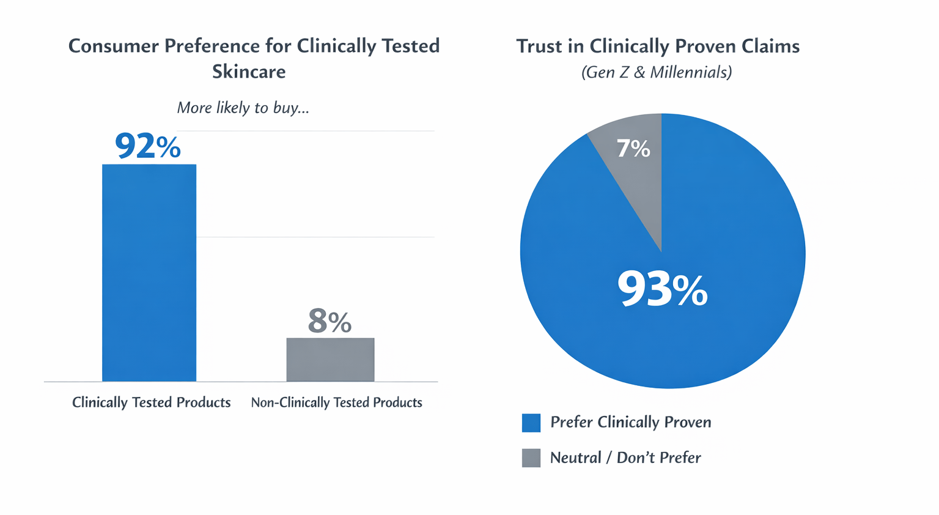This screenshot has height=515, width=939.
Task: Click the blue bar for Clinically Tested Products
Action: coord(149,273)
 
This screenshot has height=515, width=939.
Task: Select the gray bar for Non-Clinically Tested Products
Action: coord(330,360)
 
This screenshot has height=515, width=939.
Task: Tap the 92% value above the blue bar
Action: coord(148,147)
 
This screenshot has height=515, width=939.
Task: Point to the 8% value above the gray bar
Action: coord(330,321)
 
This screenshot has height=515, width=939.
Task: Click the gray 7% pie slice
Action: coord(636,177)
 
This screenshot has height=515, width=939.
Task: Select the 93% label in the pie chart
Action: coord(662,289)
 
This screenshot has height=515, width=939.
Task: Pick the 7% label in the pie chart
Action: coord(633,149)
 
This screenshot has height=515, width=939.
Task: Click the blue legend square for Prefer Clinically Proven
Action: coord(531,423)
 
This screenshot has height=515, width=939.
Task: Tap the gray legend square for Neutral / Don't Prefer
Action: coord(531,458)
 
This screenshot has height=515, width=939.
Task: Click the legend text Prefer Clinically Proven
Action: coord(630,423)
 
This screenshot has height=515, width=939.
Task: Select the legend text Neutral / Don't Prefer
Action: coord(625,458)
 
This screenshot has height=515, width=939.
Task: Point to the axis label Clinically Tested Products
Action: coord(151,402)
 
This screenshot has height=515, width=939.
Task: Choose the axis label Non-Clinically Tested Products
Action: coord(336,402)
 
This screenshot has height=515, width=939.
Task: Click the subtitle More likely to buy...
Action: coord(243,108)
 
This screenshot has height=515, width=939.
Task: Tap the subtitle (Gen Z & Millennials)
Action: coord(656,73)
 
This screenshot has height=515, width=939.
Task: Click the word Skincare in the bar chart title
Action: coord(249,72)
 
